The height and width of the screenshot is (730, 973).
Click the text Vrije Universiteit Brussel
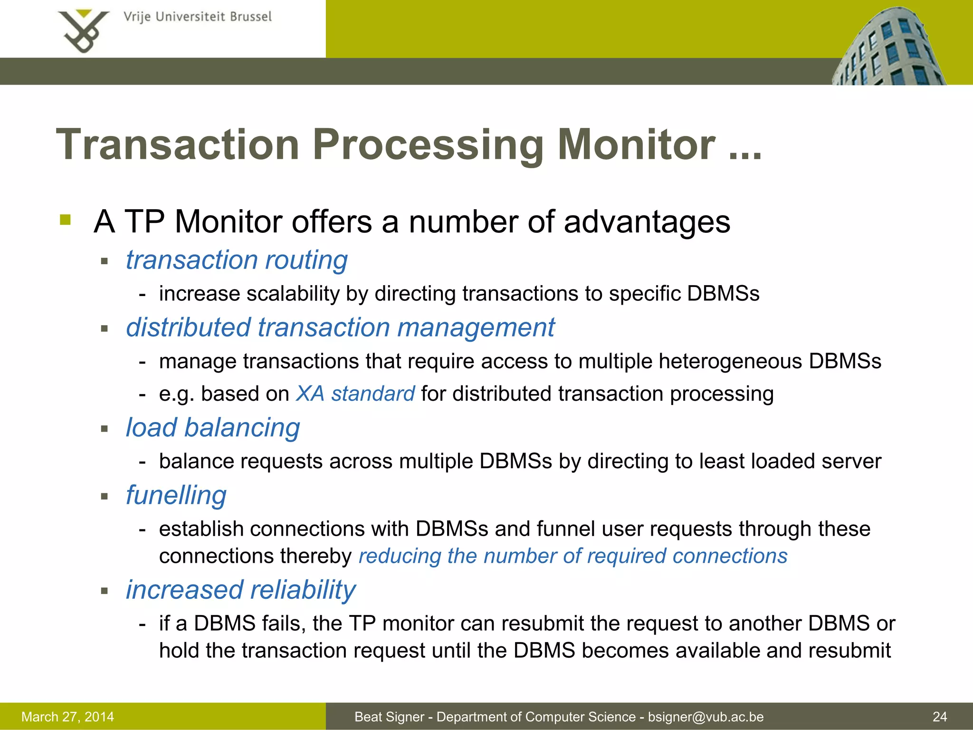pos(197,17)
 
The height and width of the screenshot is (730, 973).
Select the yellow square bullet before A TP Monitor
pos(66,220)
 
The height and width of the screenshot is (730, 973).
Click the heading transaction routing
pos(237,260)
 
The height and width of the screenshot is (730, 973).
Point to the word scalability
pos(293,294)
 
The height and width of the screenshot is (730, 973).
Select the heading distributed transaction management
pos(340,327)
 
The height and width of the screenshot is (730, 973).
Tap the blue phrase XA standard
pos(355,394)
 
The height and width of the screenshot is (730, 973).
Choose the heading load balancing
pos(213,428)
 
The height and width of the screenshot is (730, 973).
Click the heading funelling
pos(176,495)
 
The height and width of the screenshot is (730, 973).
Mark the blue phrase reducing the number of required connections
pos(572,556)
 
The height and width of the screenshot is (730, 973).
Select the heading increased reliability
pos(240,590)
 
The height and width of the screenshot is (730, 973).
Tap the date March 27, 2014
pos(67,717)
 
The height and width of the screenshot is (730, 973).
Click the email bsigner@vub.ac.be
pos(706,717)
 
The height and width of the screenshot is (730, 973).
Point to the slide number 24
pos(939,717)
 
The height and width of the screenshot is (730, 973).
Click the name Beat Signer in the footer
pos(389,717)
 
